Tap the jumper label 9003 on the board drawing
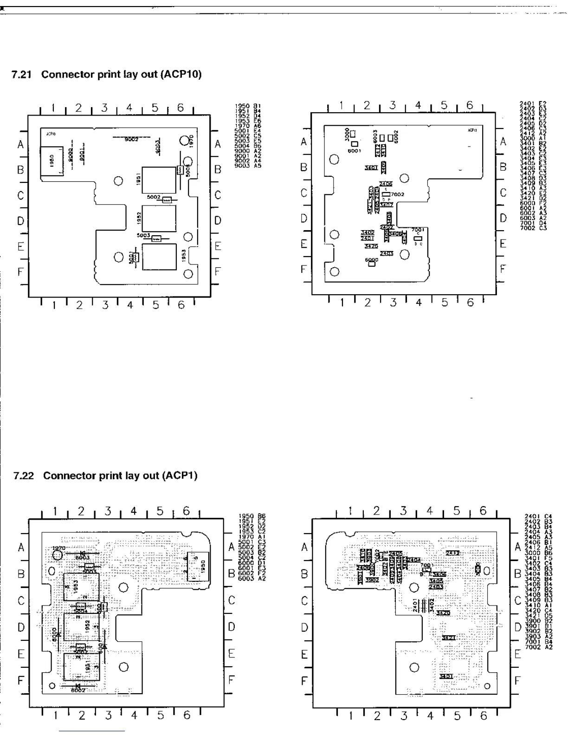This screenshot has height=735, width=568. click(158, 146)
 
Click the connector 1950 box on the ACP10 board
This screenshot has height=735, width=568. click(52, 161)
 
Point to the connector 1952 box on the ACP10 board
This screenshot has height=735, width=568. click(159, 218)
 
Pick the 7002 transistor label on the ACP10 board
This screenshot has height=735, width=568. click(397, 194)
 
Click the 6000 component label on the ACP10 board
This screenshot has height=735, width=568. click(371, 260)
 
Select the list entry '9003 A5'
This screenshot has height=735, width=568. click(248, 166)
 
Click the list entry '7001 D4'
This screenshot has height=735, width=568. click(533, 223)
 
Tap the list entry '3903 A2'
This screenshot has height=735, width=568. click(538, 638)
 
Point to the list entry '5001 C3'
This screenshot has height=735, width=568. click(252, 542)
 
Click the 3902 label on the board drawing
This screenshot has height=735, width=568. click(372, 580)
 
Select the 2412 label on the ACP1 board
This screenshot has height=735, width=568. click(452, 553)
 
